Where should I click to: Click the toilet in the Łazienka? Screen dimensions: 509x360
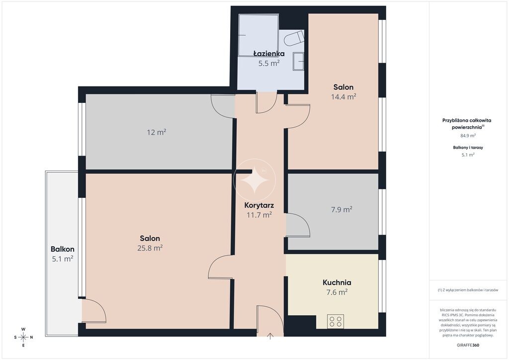tap(294, 38)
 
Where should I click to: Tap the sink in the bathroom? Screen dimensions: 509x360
tap(298, 61)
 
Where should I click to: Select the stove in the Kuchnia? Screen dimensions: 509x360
tap(336, 321)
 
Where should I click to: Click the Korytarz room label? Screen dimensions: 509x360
tap(259, 205)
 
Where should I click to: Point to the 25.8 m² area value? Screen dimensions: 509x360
tap(150, 248)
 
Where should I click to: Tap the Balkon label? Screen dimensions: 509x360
tap(62, 249)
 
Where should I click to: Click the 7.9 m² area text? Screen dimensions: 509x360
tap(342, 210)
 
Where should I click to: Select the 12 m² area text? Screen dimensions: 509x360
tap(157, 132)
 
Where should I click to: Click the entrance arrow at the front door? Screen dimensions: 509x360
tap(270, 336)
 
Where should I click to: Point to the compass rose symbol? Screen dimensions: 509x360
tap(23, 337)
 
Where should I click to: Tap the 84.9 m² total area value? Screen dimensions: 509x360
tap(468, 136)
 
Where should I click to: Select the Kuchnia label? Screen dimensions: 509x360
tap(337, 282)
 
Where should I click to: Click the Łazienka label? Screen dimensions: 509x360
tap(269, 54)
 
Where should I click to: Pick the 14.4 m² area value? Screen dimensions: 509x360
tap(343, 97)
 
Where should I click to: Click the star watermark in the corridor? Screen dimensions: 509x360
tap(254, 180)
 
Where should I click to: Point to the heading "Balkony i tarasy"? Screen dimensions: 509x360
tap(468, 147)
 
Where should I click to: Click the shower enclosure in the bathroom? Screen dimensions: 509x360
tap(258, 35)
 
